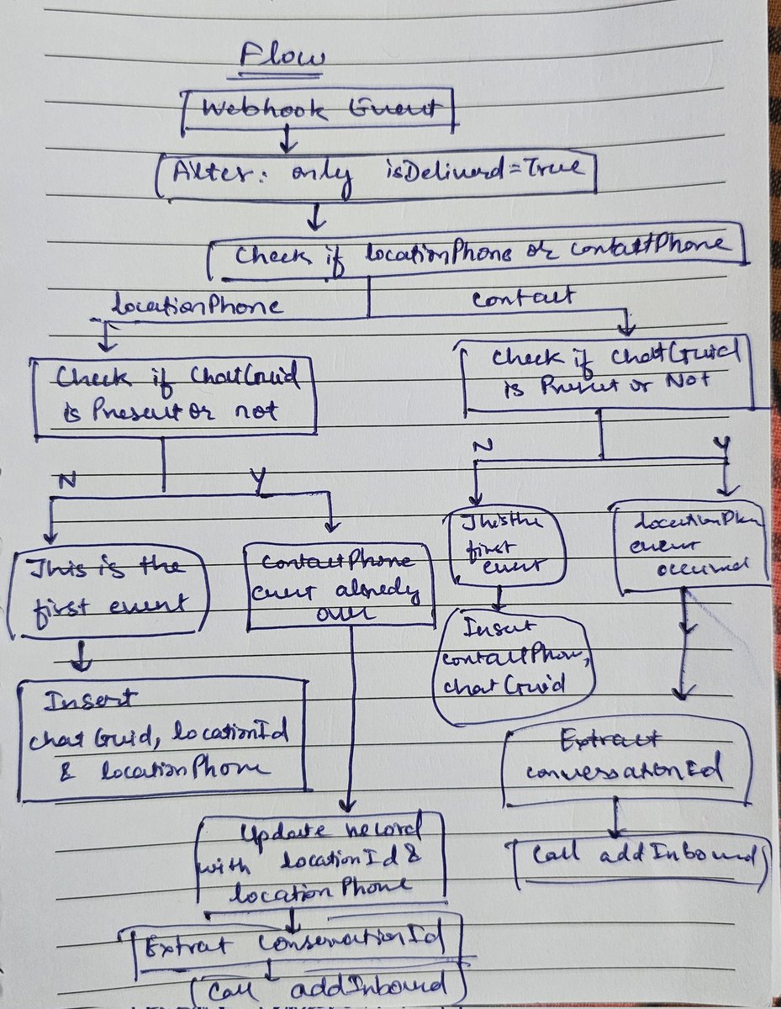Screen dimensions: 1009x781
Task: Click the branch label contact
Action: pyautogui.click(x=523, y=297)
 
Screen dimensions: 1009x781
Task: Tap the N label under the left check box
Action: pyautogui.click(x=66, y=481)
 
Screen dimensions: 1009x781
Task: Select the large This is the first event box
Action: pyautogui.click(x=108, y=591)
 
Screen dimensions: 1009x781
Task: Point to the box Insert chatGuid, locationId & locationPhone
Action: pyautogui.click(x=160, y=740)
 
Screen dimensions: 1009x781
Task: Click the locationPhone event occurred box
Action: pyautogui.click(x=691, y=544)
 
